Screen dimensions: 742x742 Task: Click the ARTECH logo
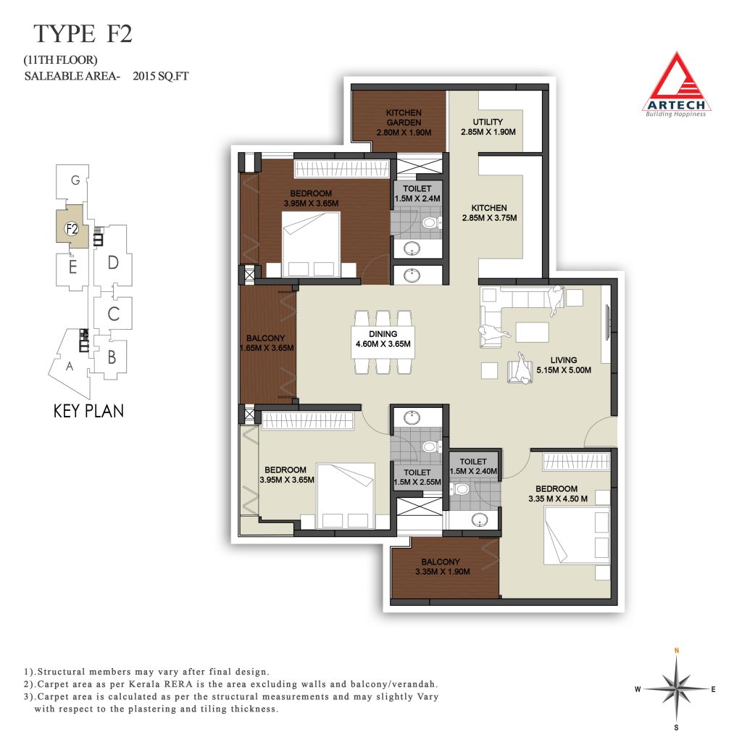(x=676, y=86)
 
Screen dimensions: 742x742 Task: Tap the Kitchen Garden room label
(x=404, y=122)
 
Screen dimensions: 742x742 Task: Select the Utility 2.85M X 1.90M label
(x=488, y=127)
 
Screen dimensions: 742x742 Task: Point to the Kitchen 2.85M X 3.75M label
(x=489, y=213)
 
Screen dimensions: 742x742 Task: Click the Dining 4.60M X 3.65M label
(x=383, y=339)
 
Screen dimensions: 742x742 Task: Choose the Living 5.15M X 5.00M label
(x=564, y=365)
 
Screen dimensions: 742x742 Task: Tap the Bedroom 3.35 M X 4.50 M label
(x=557, y=493)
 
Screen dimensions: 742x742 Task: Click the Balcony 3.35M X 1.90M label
(x=442, y=567)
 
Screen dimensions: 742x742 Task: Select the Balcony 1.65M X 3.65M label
(x=267, y=343)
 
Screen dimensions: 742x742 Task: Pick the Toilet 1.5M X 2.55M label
(x=417, y=477)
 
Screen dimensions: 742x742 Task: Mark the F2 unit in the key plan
(x=72, y=229)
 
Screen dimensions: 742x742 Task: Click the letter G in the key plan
(x=75, y=180)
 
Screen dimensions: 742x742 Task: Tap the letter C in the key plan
(x=113, y=314)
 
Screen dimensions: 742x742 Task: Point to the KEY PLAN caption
(x=88, y=411)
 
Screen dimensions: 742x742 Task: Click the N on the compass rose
(x=677, y=651)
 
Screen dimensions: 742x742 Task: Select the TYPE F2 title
(x=83, y=33)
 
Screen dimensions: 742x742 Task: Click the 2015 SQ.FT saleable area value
(x=160, y=75)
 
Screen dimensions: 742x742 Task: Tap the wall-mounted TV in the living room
(x=608, y=322)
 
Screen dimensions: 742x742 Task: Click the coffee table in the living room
(x=533, y=332)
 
